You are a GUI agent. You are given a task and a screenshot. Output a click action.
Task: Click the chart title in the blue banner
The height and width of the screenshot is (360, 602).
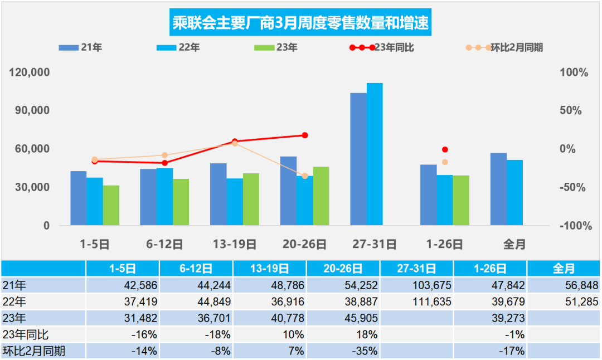pyautogui.click(x=300, y=24)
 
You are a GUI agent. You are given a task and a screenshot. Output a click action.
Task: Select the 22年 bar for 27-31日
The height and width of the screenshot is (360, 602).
pyautogui.click(x=375, y=154)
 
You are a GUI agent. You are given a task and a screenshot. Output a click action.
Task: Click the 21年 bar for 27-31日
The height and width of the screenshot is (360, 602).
pyautogui.click(x=358, y=159)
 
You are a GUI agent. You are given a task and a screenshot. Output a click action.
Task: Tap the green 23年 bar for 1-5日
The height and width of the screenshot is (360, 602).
pyautogui.click(x=111, y=205)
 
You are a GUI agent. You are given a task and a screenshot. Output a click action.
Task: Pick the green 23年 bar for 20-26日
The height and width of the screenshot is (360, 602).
pyautogui.click(x=321, y=196)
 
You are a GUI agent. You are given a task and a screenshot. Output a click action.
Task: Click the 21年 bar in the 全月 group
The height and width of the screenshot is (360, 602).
pyautogui.click(x=498, y=189)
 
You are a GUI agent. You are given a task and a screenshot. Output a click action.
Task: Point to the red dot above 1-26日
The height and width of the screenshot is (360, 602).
pyautogui.click(x=445, y=149)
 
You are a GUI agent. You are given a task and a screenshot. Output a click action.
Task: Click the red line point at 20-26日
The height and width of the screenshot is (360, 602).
pyautogui.click(x=305, y=135)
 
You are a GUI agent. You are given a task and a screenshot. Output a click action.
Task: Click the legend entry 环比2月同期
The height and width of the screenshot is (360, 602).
pyautogui.click(x=516, y=48)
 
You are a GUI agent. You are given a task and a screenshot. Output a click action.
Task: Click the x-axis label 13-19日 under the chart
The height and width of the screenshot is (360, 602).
pyautogui.click(x=235, y=244)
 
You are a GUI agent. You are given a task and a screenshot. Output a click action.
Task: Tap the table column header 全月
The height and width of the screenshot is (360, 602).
pyautogui.click(x=563, y=269)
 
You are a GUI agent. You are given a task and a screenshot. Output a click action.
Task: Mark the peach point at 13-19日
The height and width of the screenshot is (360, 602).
pyautogui.click(x=235, y=143)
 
